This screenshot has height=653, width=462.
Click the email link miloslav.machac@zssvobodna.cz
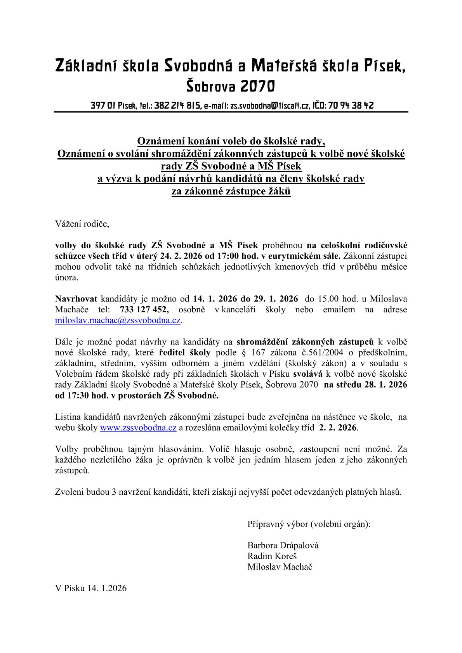tap(118, 320)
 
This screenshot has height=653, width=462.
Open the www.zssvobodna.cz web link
tap(138, 428)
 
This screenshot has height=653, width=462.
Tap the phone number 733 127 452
tap(144, 310)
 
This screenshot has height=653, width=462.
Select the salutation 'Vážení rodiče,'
tap(82, 224)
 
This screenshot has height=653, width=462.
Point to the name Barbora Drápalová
tap(283, 546)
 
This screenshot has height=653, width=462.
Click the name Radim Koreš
tap(272, 556)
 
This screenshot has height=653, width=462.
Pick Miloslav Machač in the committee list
tap(280, 567)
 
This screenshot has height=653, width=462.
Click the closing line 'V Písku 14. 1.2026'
tap(91, 588)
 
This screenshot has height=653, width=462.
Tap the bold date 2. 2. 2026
tap(337, 428)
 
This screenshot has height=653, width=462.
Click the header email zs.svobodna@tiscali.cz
tap(270, 106)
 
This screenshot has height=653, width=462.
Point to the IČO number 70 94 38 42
tap(351, 106)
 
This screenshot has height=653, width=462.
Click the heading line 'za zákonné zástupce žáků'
tap(231, 191)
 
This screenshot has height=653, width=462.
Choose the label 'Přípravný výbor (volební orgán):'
tap(309, 524)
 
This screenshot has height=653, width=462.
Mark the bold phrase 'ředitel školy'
tap(185, 353)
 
